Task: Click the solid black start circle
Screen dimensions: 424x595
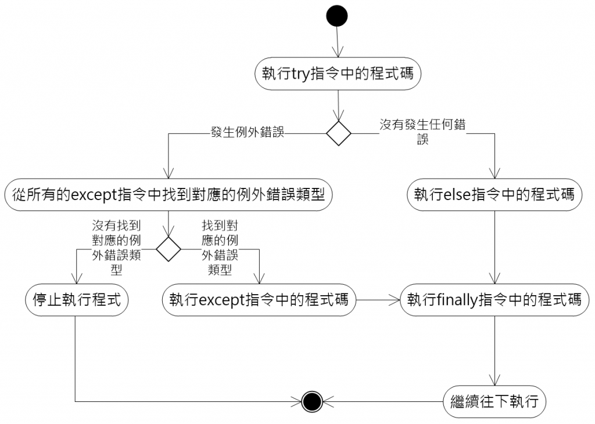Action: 337,16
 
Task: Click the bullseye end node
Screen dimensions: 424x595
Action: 312,400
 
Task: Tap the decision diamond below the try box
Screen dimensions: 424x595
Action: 338,133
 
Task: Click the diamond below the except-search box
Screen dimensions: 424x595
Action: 169,249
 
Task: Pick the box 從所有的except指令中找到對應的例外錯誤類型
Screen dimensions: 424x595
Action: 168,195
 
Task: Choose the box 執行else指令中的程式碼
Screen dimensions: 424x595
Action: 494,194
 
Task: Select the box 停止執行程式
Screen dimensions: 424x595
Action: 76,300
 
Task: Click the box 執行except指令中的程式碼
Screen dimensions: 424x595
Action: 259,300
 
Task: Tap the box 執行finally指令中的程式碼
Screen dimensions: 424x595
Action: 494,300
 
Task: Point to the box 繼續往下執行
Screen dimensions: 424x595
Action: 494,401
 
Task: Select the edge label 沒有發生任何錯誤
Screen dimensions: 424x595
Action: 422,131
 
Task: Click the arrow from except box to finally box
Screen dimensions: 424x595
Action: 378,300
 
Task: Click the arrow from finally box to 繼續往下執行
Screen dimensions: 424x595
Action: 494,350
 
